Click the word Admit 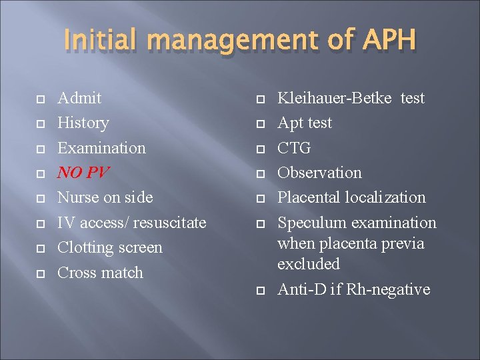tap(79, 98)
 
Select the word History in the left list tap(83, 123)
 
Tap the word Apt tap(291, 123)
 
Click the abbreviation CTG tap(294, 148)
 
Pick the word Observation tap(319, 173)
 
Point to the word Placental tap(309, 197)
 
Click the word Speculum tap(309, 223)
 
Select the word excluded tap(309, 264)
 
